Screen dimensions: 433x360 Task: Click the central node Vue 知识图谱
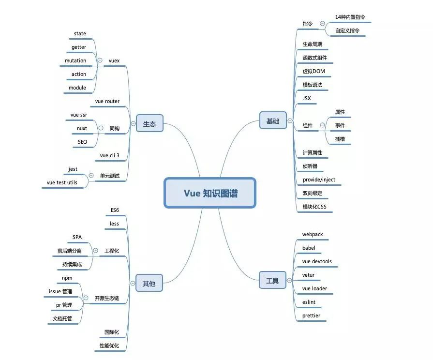click(210, 193)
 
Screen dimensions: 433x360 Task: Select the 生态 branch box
click(149, 123)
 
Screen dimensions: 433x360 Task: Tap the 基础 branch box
click(273, 120)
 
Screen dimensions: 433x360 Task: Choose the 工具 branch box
click(272, 280)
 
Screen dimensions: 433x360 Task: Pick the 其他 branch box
click(149, 283)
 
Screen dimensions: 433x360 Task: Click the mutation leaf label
click(75, 61)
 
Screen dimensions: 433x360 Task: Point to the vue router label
click(107, 102)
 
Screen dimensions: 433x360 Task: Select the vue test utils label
click(62, 183)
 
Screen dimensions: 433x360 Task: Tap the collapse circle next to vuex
click(100, 61)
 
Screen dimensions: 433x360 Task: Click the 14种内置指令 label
click(350, 17)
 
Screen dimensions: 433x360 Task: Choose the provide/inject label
click(319, 180)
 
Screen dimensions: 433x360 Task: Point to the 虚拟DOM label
click(314, 72)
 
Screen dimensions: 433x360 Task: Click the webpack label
click(313, 235)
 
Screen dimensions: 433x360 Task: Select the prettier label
click(311, 316)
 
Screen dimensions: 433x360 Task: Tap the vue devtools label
click(317, 262)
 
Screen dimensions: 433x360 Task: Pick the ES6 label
click(115, 210)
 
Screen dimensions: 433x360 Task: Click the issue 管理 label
click(60, 292)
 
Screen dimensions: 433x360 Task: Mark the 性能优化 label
click(109, 346)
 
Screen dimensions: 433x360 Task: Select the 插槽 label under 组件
click(340, 139)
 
